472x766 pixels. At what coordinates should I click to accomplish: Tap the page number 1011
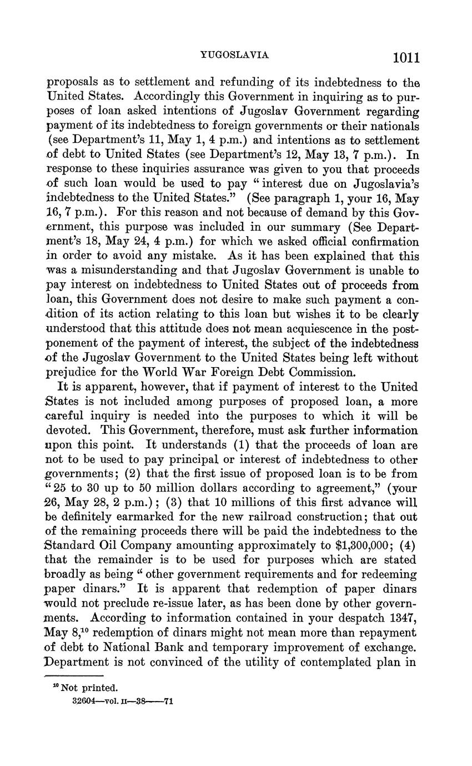point(406,58)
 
